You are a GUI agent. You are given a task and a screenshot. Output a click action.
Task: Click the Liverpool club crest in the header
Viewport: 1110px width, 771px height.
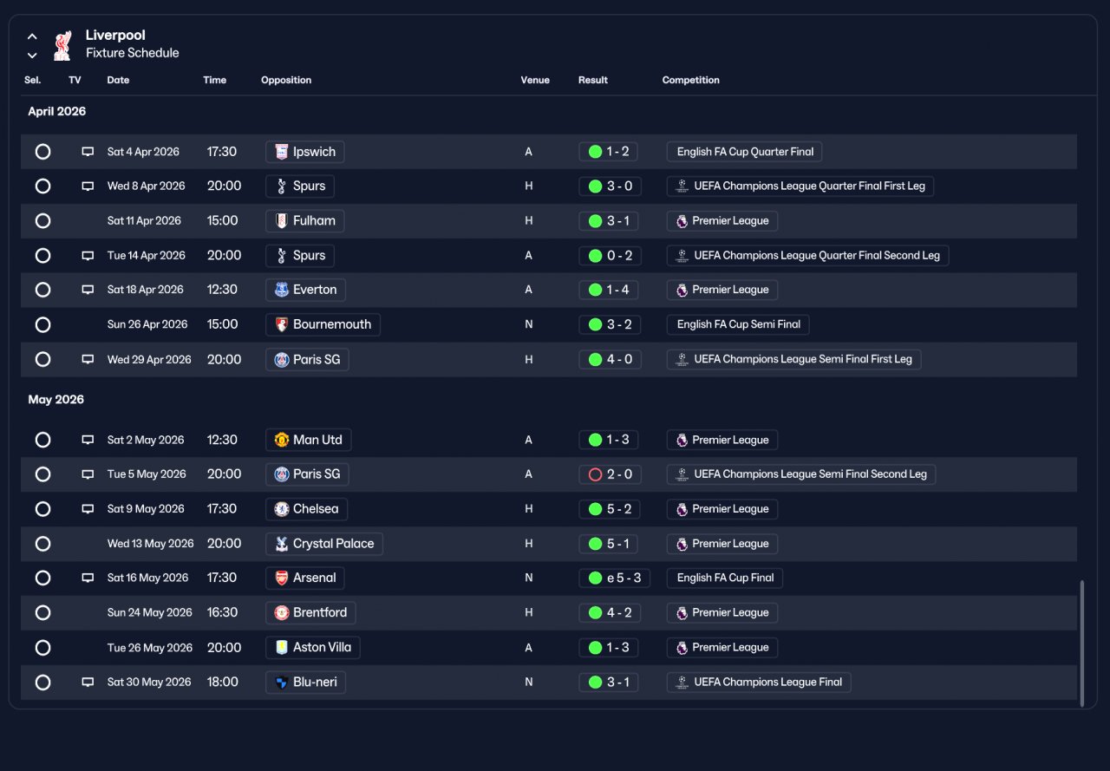[62, 46]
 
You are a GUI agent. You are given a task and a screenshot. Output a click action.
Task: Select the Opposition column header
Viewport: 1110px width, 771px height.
[286, 80]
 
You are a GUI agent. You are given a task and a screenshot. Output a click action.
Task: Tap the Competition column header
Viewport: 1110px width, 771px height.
[690, 80]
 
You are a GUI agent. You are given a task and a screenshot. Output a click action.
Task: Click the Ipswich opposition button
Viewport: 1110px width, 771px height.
[304, 152]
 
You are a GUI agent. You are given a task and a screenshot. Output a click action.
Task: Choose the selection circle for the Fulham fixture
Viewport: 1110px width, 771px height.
[43, 221]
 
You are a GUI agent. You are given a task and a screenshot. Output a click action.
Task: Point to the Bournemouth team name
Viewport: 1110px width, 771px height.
[331, 324]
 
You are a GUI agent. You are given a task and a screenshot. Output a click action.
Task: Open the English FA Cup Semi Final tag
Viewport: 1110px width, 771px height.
[738, 324]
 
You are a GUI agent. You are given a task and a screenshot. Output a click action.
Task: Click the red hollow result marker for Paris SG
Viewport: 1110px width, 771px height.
[595, 474]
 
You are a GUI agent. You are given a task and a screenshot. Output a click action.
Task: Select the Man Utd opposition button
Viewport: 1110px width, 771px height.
[308, 440]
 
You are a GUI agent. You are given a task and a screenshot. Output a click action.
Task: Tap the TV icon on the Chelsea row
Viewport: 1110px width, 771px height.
[88, 509]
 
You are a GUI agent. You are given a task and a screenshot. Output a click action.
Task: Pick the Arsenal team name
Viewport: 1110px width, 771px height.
[314, 578]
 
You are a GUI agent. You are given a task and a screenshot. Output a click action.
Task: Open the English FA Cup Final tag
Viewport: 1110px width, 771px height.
[725, 578]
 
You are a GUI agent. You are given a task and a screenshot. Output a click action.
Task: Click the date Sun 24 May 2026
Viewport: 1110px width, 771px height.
[150, 612]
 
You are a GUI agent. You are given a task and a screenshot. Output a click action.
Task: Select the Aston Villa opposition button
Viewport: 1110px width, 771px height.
[313, 648]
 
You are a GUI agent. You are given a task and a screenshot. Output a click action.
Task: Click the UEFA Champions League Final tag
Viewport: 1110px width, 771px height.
[759, 683]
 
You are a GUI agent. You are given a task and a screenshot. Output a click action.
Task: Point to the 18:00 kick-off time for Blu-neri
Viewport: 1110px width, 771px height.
[223, 683]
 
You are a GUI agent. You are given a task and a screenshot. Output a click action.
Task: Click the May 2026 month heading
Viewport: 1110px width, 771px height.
[56, 399]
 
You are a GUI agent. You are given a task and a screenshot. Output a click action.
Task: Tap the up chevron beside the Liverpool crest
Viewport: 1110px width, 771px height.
[32, 36]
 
